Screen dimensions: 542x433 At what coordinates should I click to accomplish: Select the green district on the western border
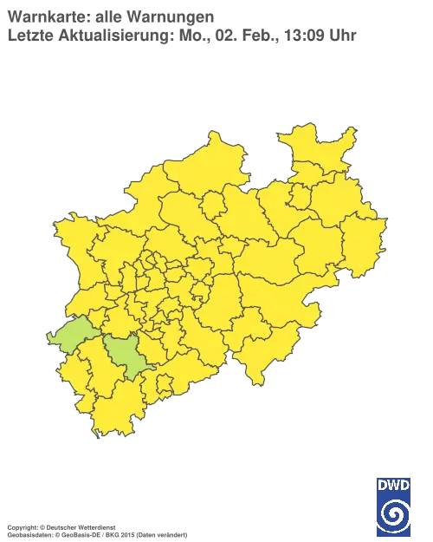(x=71, y=335)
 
